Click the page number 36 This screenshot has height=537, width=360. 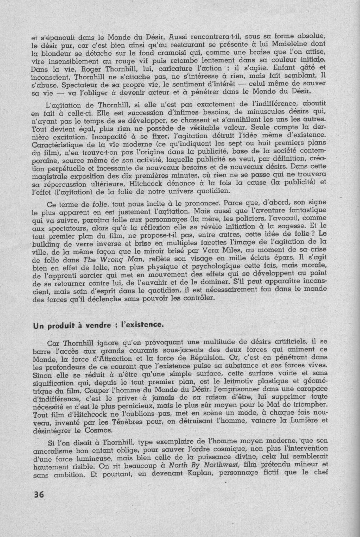pos(38,495)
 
